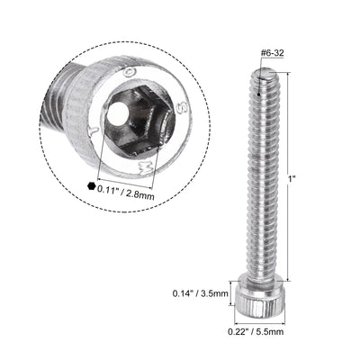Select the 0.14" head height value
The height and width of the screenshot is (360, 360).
tap(185, 292)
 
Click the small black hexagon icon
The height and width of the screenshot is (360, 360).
tap(91, 187)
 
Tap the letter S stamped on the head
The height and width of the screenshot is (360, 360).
tap(160, 106)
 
